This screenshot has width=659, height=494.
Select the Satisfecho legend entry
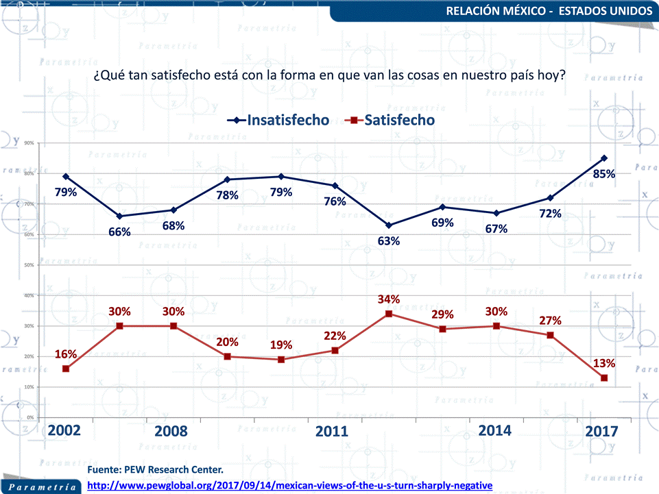[x=392, y=120]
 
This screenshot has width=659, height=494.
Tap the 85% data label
[x=604, y=174]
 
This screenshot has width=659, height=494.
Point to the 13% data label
[x=604, y=363]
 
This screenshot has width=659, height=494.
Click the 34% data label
[x=389, y=299]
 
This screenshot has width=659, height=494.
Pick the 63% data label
[x=389, y=240]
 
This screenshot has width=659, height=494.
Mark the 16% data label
[x=66, y=354]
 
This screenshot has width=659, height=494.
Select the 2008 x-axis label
[x=171, y=431]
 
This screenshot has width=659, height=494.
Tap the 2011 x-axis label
[x=332, y=431]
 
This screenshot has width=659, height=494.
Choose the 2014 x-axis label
[x=494, y=430]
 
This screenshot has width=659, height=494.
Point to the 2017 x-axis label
[x=602, y=431]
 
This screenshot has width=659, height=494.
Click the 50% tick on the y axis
[x=29, y=265]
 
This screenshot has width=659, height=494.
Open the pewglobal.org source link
[x=291, y=485]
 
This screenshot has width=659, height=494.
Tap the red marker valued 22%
[x=335, y=350]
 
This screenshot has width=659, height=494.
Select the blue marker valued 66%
[x=119, y=216]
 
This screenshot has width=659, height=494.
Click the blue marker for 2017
[x=604, y=158]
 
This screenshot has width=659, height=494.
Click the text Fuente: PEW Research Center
[x=156, y=470]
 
